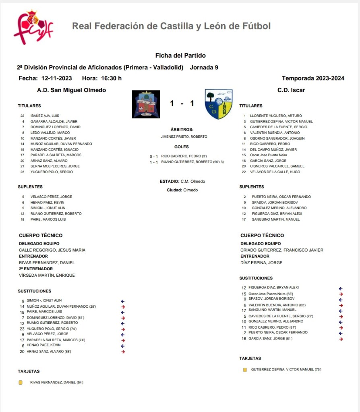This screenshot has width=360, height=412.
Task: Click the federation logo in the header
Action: [33, 27]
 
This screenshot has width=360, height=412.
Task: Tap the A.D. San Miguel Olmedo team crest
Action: [146, 104]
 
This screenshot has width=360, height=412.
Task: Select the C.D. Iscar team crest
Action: [218, 104]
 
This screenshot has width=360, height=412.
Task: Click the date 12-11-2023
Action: [57, 78]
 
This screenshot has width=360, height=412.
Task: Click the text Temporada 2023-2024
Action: [312, 78]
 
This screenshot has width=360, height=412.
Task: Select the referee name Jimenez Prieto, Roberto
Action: [184, 137]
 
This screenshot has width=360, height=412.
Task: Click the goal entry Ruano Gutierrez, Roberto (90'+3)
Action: [192, 162]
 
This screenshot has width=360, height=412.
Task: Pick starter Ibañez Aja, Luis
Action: [45, 116]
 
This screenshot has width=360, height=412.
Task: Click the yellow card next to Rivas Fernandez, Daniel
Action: [21, 382]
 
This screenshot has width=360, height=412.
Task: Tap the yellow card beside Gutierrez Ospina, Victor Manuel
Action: [245, 369]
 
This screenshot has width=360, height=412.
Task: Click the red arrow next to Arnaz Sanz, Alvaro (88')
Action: [123, 352]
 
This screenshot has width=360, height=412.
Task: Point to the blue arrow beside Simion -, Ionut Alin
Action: [123, 300]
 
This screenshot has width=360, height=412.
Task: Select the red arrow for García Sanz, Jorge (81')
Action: [341, 339]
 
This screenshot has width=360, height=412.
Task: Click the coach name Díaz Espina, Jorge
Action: [261, 263]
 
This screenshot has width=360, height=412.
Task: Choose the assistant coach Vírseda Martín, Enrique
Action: [47, 275]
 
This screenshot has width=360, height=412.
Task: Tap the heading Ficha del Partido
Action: [180, 56]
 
